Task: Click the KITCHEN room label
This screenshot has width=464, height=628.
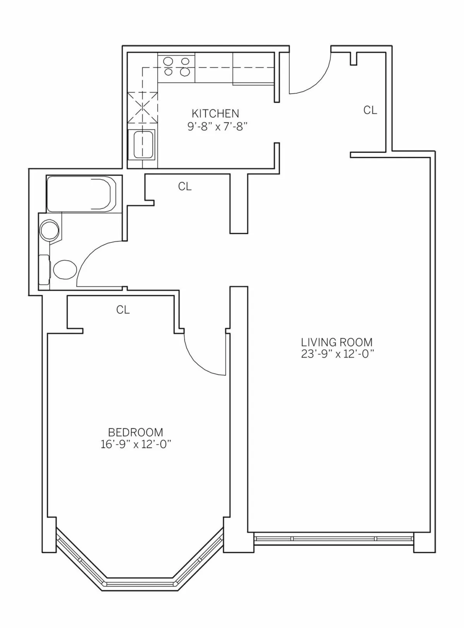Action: coord(215,114)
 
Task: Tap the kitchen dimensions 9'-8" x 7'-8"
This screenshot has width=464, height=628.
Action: coord(217,127)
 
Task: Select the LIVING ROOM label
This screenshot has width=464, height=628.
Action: coord(337,342)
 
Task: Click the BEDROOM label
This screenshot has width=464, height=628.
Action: coord(135,432)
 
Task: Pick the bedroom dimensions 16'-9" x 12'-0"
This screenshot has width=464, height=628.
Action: coord(136,444)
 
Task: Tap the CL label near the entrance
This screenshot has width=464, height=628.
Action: coord(370,111)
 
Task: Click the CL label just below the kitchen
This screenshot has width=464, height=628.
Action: coord(185,187)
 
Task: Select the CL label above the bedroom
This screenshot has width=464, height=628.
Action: coord(123,310)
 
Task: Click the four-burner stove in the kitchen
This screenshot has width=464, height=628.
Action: coord(176,66)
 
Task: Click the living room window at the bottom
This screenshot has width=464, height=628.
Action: coord(334,538)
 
